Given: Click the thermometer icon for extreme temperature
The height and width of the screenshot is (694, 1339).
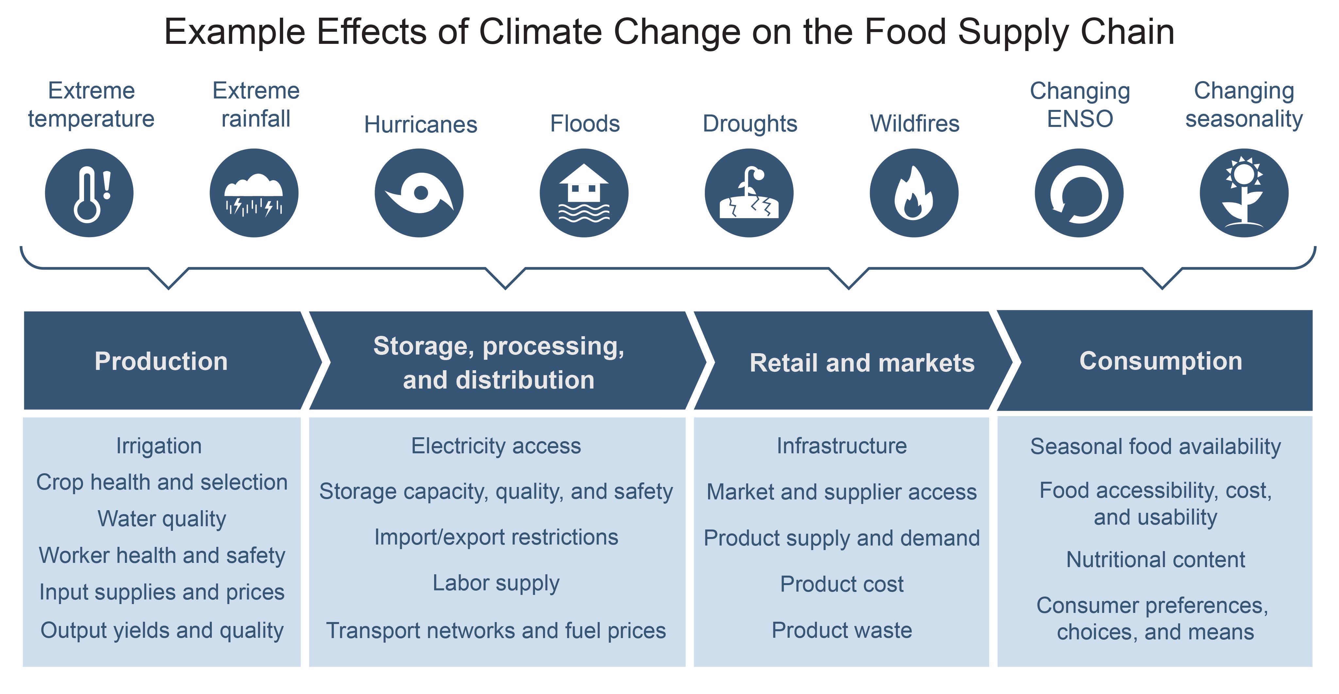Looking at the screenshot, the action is click(89, 193).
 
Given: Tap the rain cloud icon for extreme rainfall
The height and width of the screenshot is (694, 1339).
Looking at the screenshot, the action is click(254, 193).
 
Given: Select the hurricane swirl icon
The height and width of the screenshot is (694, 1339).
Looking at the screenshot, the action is click(419, 193).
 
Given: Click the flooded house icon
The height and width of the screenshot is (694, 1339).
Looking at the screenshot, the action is click(584, 193).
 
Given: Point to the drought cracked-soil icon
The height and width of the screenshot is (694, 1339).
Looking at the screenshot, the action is click(749, 193).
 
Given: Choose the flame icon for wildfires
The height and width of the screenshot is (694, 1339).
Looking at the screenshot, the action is click(914, 193).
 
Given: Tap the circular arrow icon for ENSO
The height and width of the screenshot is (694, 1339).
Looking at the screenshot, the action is click(1079, 193).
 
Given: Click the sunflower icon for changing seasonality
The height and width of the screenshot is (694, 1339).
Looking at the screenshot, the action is click(1244, 193).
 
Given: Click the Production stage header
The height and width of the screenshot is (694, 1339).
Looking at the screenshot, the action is click(161, 361).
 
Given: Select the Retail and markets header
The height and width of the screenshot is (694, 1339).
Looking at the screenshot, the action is click(862, 363).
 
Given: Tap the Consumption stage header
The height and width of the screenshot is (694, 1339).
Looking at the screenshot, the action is click(1161, 361).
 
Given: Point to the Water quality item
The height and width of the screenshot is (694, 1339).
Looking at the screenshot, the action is click(162, 519).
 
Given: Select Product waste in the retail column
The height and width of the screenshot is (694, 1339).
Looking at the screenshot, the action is click(841, 630).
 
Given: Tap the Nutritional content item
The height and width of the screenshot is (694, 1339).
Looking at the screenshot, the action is click(1156, 559).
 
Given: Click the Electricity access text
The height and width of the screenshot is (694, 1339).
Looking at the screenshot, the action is click(496, 446).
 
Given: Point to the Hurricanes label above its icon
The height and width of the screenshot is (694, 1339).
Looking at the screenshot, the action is click(420, 124).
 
